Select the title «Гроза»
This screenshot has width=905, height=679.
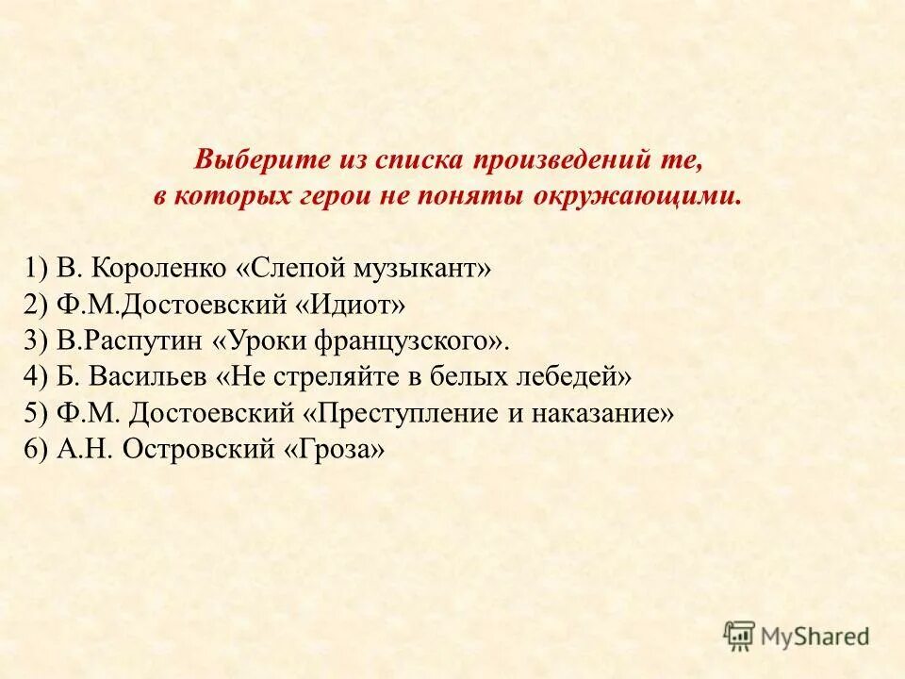(335, 449)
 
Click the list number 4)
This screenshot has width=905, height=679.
(38, 377)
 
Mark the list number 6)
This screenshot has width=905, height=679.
(38, 449)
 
